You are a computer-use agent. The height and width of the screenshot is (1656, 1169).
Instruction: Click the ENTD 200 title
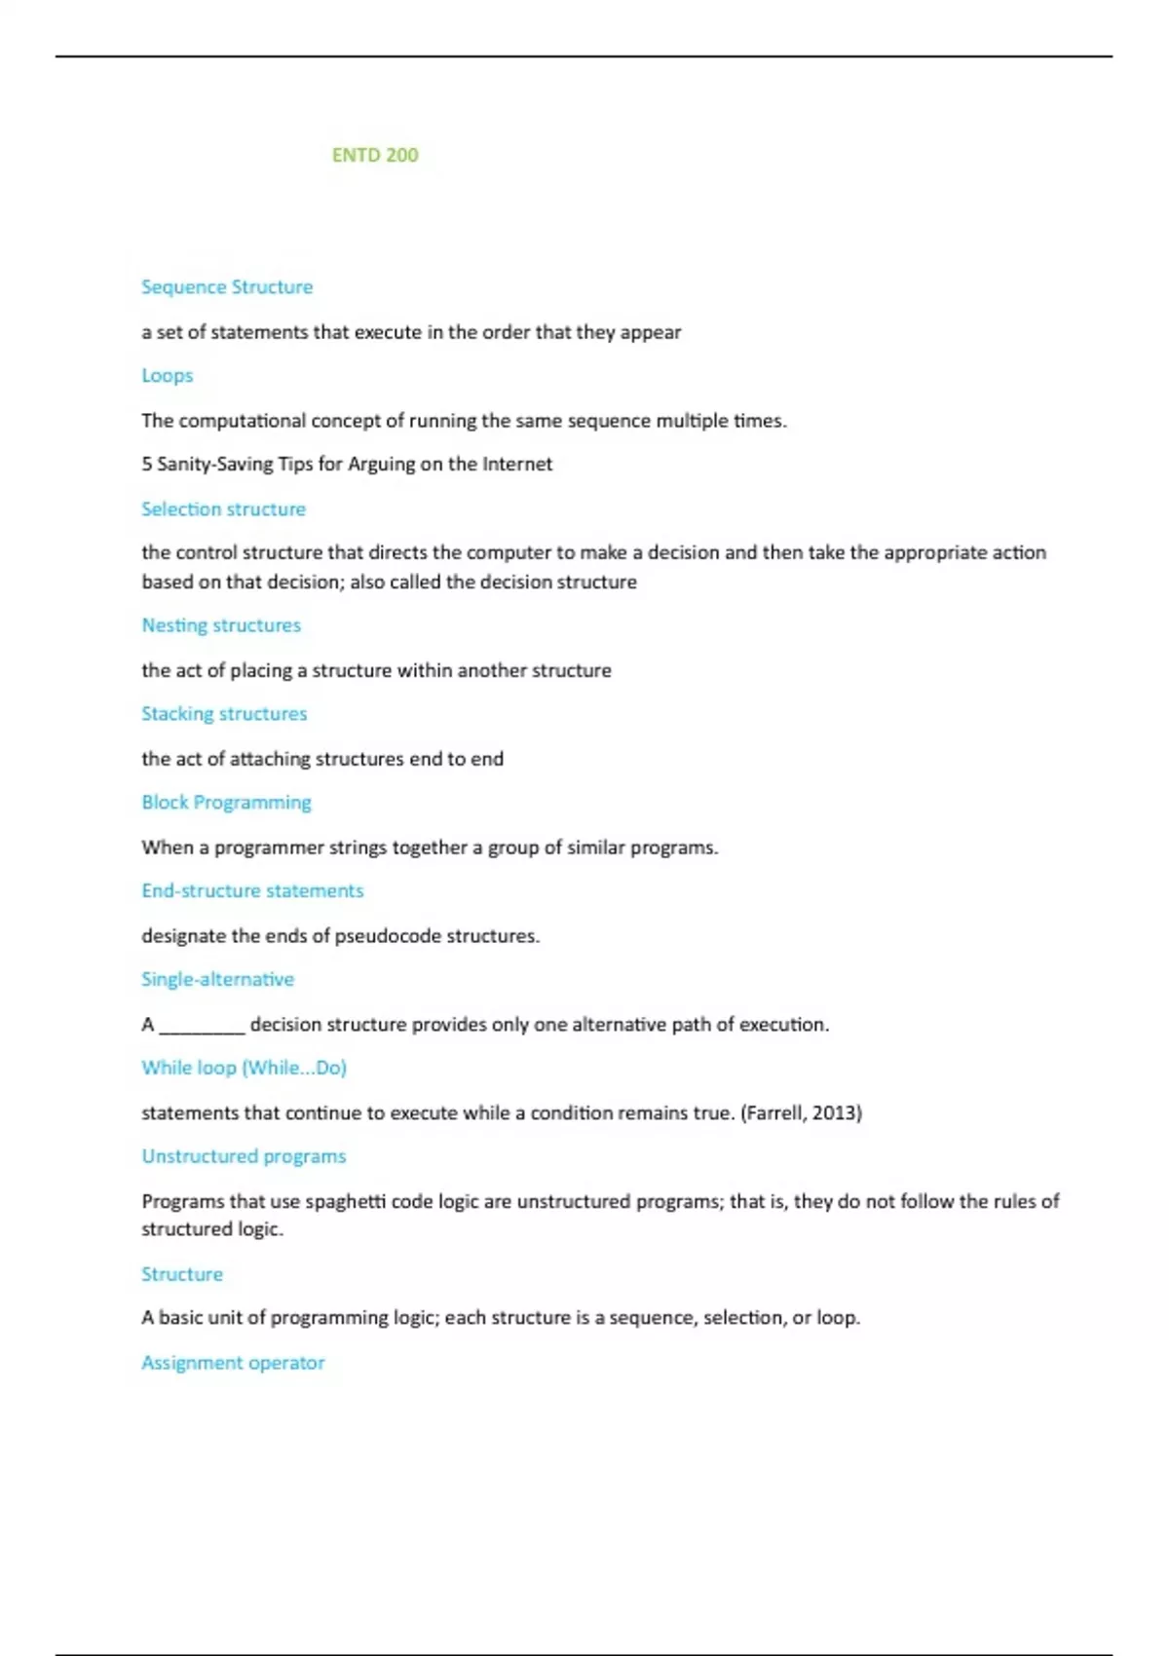(x=374, y=155)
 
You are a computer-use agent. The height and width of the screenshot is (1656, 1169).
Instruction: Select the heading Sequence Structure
(x=227, y=287)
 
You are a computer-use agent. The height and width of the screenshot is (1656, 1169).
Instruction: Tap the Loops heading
(x=168, y=376)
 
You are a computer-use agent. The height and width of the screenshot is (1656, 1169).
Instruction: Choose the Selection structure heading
(x=223, y=509)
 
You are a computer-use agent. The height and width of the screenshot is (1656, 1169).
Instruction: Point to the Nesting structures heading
(x=221, y=625)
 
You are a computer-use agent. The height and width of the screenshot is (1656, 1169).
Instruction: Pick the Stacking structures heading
(x=224, y=714)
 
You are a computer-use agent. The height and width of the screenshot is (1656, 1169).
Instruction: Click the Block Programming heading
(x=226, y=803)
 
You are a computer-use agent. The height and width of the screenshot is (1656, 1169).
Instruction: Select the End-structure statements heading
(x=252, y=891)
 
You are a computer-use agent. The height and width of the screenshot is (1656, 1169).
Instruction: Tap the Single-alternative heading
(x=217, y=980)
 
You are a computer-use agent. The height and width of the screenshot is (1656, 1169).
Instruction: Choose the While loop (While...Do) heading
(x=244, y=1069)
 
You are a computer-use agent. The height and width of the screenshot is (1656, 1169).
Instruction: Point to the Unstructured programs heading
(x=244, y=1157)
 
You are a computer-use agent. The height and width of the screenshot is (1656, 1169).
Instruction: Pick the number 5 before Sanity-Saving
(x=147, y=465)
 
